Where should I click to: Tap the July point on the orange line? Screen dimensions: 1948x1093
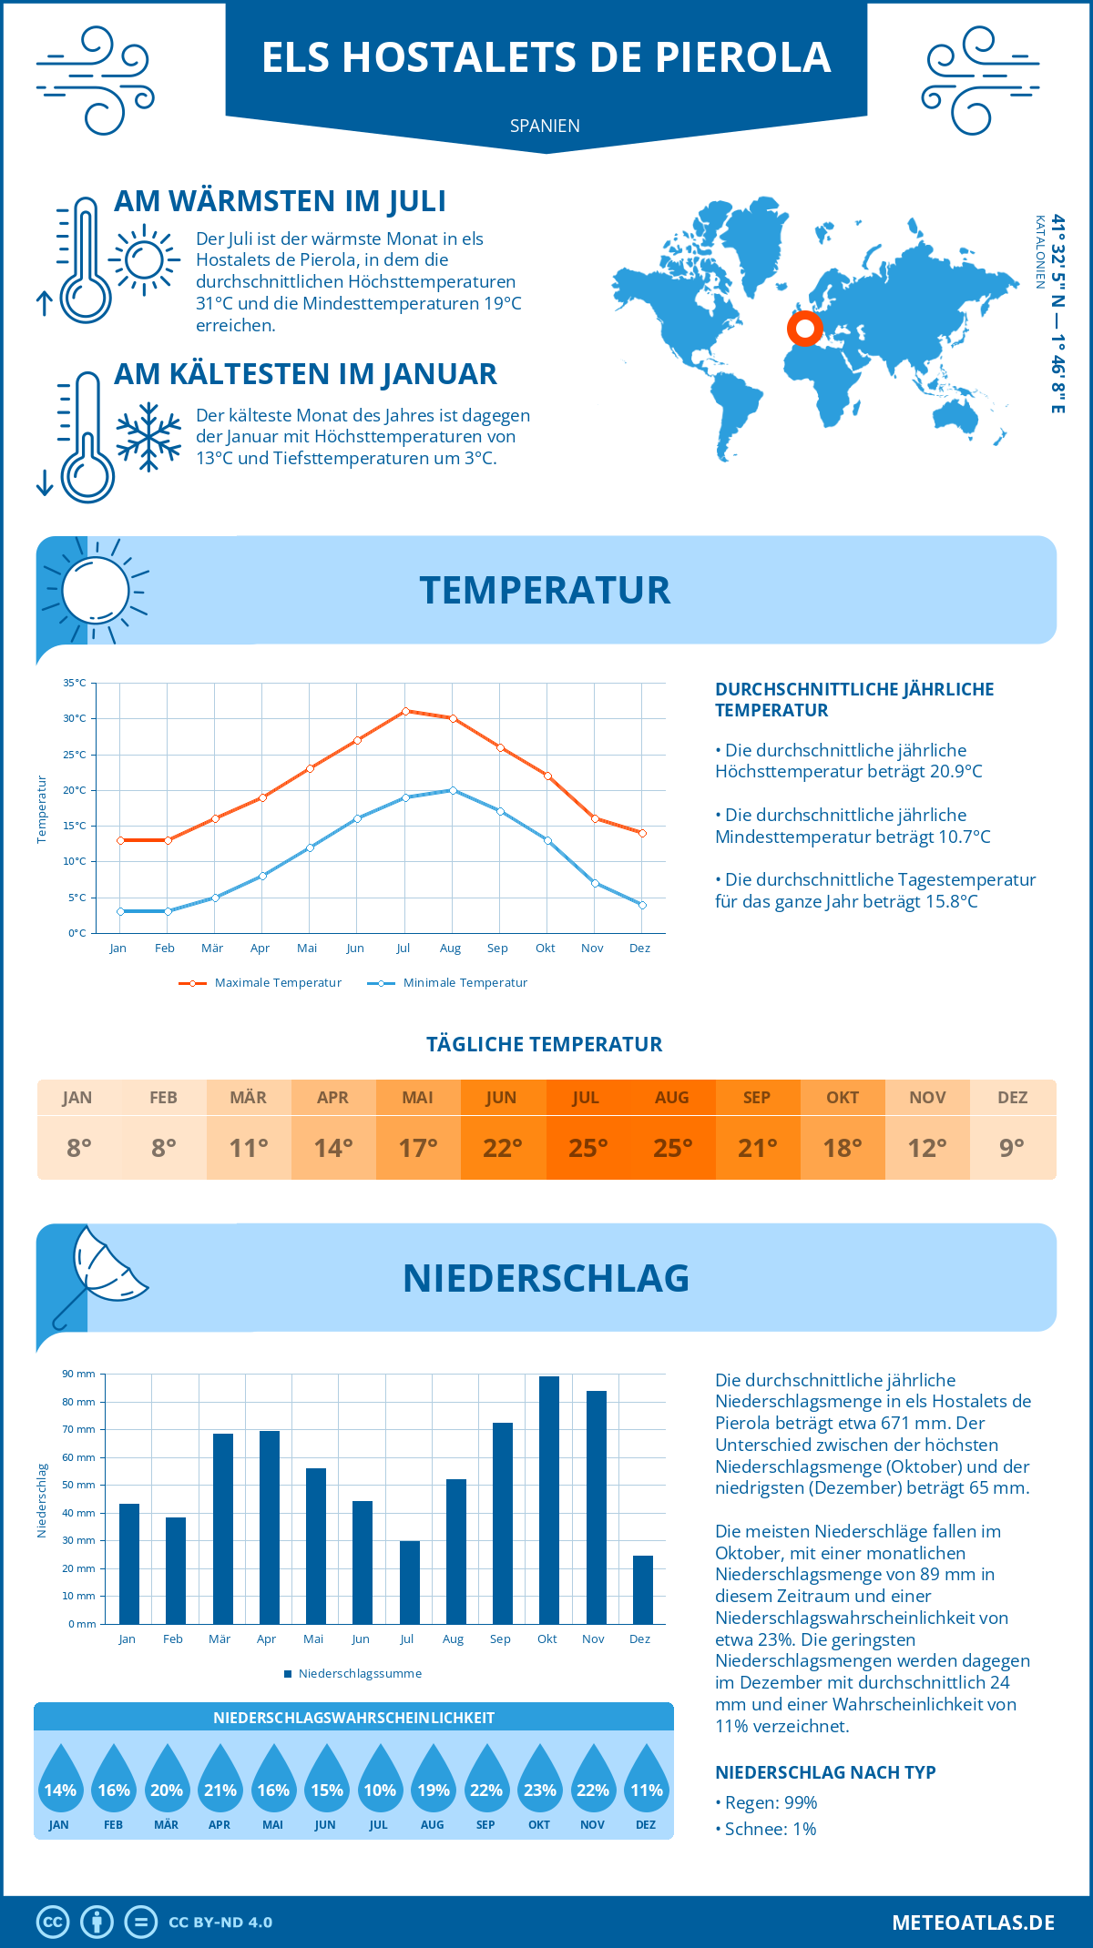tap(405, 711)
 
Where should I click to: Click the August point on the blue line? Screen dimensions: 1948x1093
tap(453, 790)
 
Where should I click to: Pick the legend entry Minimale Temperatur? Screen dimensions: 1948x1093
tap(465, 983)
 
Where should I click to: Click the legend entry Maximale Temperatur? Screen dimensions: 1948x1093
tap(277, 983)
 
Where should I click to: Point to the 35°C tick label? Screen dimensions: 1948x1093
tap(75, 683)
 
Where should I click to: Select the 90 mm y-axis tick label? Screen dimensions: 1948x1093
tap(78, 1374)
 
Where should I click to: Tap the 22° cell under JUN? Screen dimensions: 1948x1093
tap(503, 1148)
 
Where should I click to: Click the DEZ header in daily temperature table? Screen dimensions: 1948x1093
tap(1012, 1098)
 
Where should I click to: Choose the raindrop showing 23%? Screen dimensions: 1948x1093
tap(539, 1780)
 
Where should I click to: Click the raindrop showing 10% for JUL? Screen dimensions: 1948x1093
tap(380, 1780)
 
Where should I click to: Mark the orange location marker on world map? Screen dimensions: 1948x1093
tap(804, 329)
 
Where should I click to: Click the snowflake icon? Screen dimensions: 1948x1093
tap(148, 437)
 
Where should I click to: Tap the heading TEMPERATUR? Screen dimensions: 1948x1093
tap(545, 590)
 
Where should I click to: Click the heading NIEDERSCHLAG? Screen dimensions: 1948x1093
tap(546, 1278)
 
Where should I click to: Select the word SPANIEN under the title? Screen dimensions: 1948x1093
tap(545, 126)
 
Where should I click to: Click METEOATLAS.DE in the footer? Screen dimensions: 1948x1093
tap(973, 1923)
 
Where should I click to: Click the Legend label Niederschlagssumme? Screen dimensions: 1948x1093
tap(360, 1674)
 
